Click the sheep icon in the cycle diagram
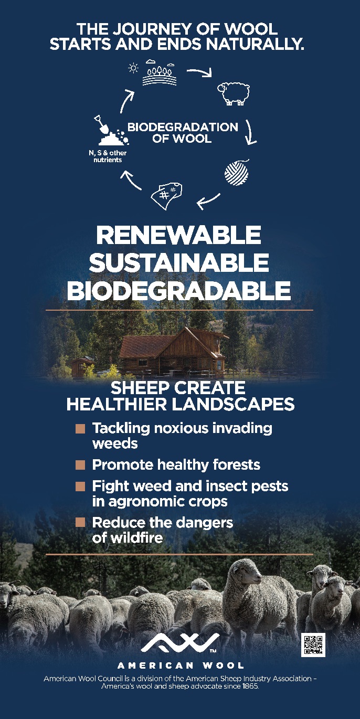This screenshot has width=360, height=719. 234,94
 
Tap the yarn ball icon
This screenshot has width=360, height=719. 237,173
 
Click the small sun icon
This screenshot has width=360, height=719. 133,68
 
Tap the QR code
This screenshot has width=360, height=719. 313,645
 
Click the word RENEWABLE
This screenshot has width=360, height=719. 179,235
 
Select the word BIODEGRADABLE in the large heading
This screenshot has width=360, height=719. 179,291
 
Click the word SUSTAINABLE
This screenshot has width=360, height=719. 179,262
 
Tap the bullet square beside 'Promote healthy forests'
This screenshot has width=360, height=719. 80,465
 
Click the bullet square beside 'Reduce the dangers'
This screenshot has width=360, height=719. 80,522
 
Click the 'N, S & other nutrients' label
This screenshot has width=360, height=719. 108,156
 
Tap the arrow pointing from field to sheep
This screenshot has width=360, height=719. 199,72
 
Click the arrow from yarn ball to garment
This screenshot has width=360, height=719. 208,201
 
